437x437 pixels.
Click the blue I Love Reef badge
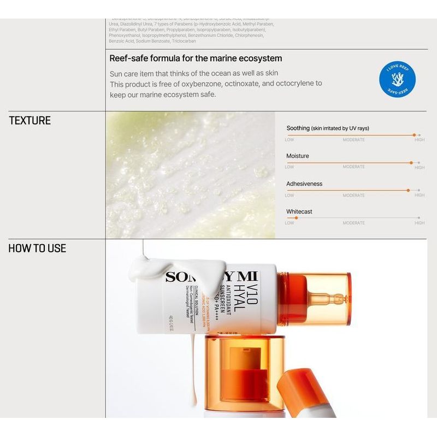tap(397, 80)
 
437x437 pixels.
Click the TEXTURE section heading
tap(29, 121)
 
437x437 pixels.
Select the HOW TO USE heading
tap(37, 249)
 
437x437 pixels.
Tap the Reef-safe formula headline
tap(196, 58)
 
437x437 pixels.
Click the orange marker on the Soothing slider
tap(414, 134)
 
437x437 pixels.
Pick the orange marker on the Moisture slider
tap(411, 162)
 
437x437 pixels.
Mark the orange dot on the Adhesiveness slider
tap(408, 190)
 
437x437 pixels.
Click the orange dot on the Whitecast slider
tap(296, 218)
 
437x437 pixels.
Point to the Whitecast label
tap(299, 211)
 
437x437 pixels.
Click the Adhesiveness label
tap(304, 184)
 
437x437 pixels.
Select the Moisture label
tap(297, 156)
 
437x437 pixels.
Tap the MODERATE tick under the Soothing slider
tap(353, 140)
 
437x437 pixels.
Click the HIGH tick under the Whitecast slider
tap(419, 223)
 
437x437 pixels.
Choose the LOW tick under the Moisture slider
tap(289, 167)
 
